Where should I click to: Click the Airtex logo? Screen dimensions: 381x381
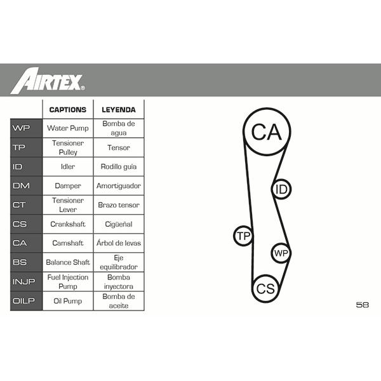pyautogui.click(x=48, y=81)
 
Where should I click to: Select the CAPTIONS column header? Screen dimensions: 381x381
pyautogui.click(x=68, y=110)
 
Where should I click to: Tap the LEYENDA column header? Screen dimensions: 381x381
pyautogui.click(x=119, y=110)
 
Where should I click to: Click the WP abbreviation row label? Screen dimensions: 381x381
pyautogui.click(x=21, y=128)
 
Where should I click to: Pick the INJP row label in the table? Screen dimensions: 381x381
pyautogui.click(x=24, y=281)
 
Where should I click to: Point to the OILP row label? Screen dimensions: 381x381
pyautogui.click(x=23, y=301)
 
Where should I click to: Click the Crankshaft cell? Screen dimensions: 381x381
pyautogui.click(x=68, y=224)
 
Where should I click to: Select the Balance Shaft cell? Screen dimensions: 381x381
pyautogui.click(x=68, y=262)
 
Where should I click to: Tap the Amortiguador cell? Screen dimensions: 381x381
pyautogui.click(x=119, y=186)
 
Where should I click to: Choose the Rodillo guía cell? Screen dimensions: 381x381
pyautogui.click(x=119, y=166)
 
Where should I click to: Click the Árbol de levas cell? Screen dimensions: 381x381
pyautogui.click(x=119, y=243)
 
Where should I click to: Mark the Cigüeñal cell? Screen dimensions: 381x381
pyautogui.click(x=119, y=224)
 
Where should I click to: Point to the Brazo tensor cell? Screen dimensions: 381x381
pyautogui.click(x=119, y=205)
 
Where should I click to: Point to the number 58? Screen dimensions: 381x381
pyautogui.click(x=363, y=305)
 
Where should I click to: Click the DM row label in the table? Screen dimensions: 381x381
pyautogui.click(x=21, y=185)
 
